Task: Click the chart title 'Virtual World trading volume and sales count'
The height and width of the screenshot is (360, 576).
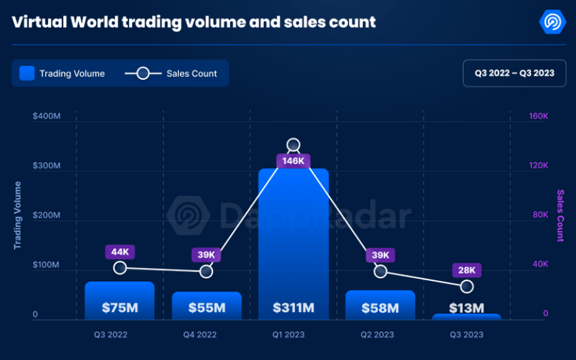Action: click(x=194, y=22)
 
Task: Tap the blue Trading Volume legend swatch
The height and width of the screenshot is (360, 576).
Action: click(x=27, y=74)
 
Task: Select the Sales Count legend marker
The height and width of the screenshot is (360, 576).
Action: click(x=143, y=74)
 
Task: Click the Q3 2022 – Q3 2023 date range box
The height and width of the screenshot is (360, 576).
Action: click(x=514, y=73)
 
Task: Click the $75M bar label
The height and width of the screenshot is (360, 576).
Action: click(x=120, y=308)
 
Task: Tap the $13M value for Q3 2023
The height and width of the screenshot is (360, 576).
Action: click(x=467, y=308)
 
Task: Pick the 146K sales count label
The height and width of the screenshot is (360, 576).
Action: click(x=293, y=161)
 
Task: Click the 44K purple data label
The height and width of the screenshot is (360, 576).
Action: click(x=120, y=251)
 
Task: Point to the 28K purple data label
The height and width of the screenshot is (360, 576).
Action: click(x=467, y=270)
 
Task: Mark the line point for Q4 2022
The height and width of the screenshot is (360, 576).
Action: click(x=206, y=271)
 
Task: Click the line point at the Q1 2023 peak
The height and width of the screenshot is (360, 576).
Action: click(x=293, y=145)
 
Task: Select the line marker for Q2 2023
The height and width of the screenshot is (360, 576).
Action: click(x=380, y=271)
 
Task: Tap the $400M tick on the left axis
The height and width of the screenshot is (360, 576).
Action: click(x=46, y=116)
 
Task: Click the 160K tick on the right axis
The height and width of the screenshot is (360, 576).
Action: click(x=538, y=116)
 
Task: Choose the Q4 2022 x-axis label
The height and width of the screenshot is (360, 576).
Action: click(x=200, y=335)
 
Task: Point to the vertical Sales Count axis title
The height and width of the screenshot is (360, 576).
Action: click(x=560, y=216)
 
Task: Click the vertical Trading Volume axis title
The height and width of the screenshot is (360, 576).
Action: click(x=18, y=215)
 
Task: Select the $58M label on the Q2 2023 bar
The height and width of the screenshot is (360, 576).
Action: click(x=380, y=308)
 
